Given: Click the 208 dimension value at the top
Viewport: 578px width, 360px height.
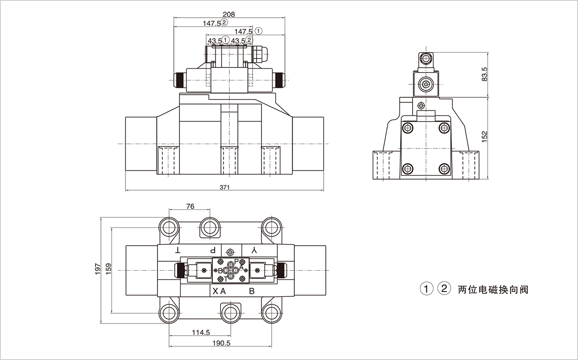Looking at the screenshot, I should [229, 14].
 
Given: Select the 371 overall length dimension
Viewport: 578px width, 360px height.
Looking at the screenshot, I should [225, 188].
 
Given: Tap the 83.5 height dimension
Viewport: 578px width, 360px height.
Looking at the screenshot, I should [484, 74].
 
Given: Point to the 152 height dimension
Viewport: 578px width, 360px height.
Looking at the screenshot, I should [484, 136].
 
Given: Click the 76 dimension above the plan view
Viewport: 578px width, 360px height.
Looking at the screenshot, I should [190, 206].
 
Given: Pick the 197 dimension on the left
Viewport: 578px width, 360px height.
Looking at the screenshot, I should [98, 268].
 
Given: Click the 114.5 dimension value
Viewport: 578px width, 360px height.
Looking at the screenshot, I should [201, 332].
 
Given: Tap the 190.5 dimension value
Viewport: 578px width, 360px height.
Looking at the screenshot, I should [221, 343].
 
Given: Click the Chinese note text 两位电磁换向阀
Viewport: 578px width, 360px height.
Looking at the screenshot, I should [493, 290].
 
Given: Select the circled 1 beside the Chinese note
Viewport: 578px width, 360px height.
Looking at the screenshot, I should [426, 289].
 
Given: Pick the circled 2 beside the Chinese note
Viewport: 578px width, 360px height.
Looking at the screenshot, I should [444, 289].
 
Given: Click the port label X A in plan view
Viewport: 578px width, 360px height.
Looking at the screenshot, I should [219, 291].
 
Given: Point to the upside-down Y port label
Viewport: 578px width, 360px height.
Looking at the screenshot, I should [254, 250].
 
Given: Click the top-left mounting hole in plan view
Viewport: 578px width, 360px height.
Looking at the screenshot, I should [169, 227].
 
